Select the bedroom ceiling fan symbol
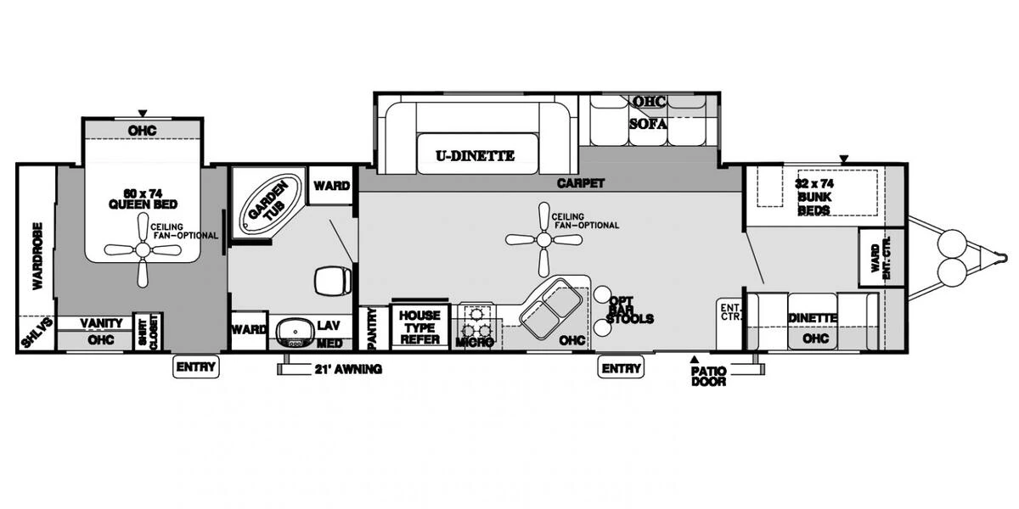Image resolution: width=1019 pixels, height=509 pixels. click(143, 250)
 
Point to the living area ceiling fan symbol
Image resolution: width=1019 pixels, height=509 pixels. click(543, 239)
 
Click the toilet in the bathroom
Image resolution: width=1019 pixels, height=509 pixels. click(331, 279)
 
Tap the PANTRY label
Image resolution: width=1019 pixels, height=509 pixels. click(371, 328)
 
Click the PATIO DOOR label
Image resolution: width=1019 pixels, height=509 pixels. click(708, 376)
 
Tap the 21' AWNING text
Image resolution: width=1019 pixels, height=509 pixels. click(348, 369)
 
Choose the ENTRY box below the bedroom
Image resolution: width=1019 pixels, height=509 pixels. click(196, 367)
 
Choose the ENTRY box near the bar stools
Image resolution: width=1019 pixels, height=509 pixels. click(622, 367)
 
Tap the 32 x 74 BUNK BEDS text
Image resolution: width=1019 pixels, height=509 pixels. click(813, 196)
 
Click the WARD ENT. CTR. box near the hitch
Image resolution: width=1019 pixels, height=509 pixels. click(881, 257)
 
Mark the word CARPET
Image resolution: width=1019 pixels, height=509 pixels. click(580, 182)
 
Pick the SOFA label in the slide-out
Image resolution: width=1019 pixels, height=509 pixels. click(648, 123)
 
